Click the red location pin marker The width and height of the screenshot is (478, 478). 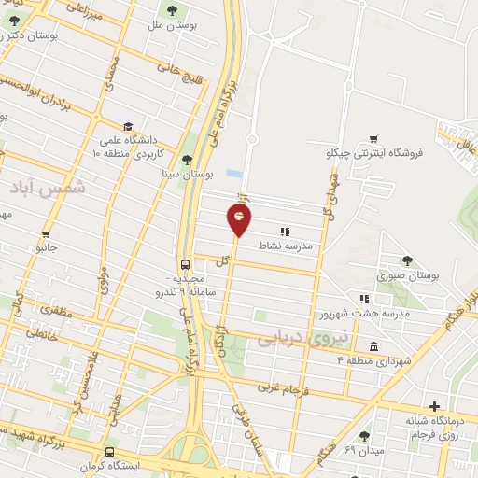pyautogui.click(x=239, y=218)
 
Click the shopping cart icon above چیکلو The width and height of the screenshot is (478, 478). pyautogui.click(x=373, y=138)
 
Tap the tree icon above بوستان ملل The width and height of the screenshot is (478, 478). pyautogui.click(x=171, y=10)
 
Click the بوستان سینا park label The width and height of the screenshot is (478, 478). pyautogui.click(x=188, y=174)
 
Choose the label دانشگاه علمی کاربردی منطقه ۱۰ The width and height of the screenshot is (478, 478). pyautogui.click(x=129, y=145)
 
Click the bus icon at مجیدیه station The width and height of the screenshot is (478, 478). pyautogui.click(x=185, y=263)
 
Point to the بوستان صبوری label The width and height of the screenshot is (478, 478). pyautogui.click(x=406, y=275)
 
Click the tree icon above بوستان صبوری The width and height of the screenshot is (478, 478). pyautogui.click(x=406, y=260)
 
